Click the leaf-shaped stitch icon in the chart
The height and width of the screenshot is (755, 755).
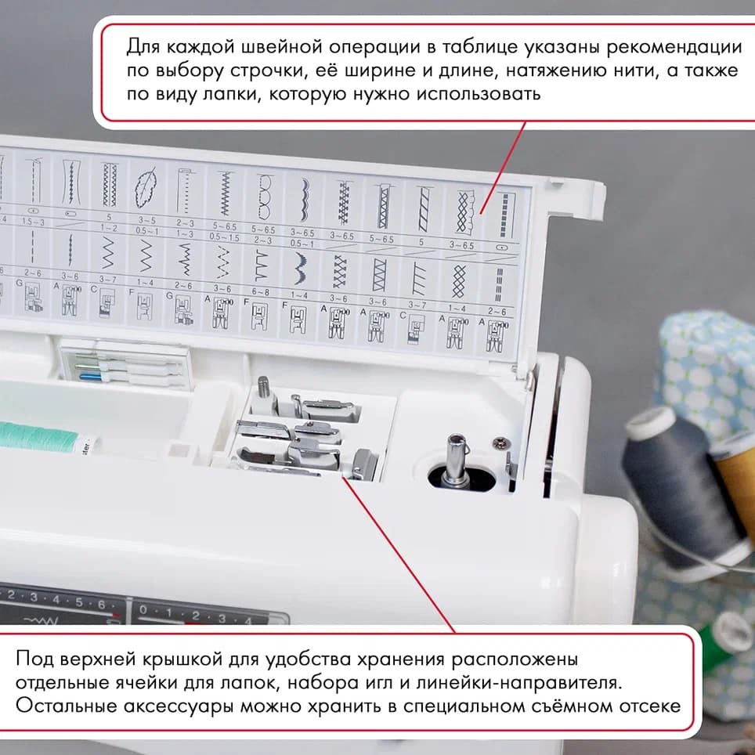click(146, 187)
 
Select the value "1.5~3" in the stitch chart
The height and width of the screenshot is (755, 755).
click(32, 222)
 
